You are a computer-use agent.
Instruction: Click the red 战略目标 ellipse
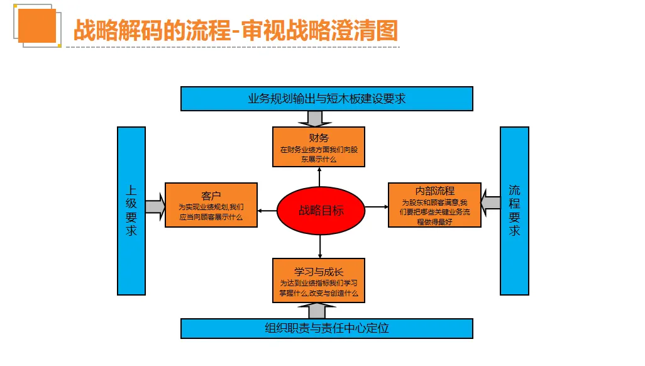pyautogui.click(x=321, y=211)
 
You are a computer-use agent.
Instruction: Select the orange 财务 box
pyautogui.click(x=319, y=147)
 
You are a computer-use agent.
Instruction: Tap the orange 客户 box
pyautogui.click(x=211, y=205)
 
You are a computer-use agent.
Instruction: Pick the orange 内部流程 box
pyautogui.click(x=434, y=205)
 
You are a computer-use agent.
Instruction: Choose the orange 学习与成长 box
pyautogui.click(x=319, y=280)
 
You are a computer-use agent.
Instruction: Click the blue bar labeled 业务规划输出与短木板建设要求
pyautogui.click(x=327, y=99)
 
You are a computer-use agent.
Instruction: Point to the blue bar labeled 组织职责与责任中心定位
pyautogui.click(x=327, y=328)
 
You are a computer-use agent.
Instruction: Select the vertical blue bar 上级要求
pyautogui.click(x=131, y=211)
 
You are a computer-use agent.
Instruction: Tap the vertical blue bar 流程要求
pyautogui.click(x=514, y=211)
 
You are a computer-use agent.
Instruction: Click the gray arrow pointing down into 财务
pyautogui.click(x=315, y=119)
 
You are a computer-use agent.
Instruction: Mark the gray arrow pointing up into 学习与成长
pyautogui.click(x=316, y=311)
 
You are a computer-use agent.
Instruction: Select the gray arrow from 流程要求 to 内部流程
pyautogui.click(x=490, y=202)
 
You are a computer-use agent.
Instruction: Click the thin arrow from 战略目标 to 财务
pyautogui.click(x=319, y=177)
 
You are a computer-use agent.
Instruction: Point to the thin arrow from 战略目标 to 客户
pyautogui.click(x=267, y=211)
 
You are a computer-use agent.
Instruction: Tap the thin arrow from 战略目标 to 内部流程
pyautogui.click(x=377, y=207)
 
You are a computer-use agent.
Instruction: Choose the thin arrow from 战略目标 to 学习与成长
pyautogui.click(x=320, y=246)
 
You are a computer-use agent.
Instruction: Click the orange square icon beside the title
pyautogui.click(x=37, y=26)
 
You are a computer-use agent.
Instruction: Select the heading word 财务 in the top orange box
pyautogui.click(x=319, y=138)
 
